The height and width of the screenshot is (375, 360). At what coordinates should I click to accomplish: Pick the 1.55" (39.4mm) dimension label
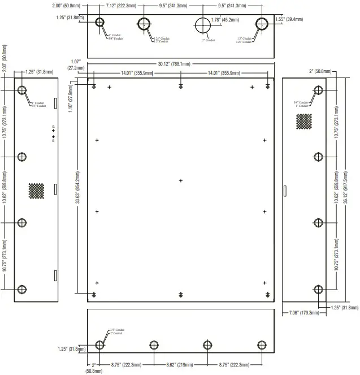(x=289, y=19)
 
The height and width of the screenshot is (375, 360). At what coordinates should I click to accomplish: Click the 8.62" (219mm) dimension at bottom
(x=180, y=365)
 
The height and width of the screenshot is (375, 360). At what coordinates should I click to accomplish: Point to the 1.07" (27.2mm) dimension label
(x=76, y=64)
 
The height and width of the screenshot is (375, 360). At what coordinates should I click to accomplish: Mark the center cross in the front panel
(x=181, y=181)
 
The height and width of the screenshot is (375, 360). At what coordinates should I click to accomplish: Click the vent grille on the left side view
(x=37, y=191)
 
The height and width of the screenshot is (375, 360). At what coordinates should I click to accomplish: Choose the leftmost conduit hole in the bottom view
(x=100, y=345)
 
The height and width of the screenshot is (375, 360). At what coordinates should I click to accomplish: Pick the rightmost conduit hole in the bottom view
(x=261, y=345)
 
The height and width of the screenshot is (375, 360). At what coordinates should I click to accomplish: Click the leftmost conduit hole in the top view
(x=100, y=23)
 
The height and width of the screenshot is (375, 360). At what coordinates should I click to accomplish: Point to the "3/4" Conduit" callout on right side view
(x=300, y=102)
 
